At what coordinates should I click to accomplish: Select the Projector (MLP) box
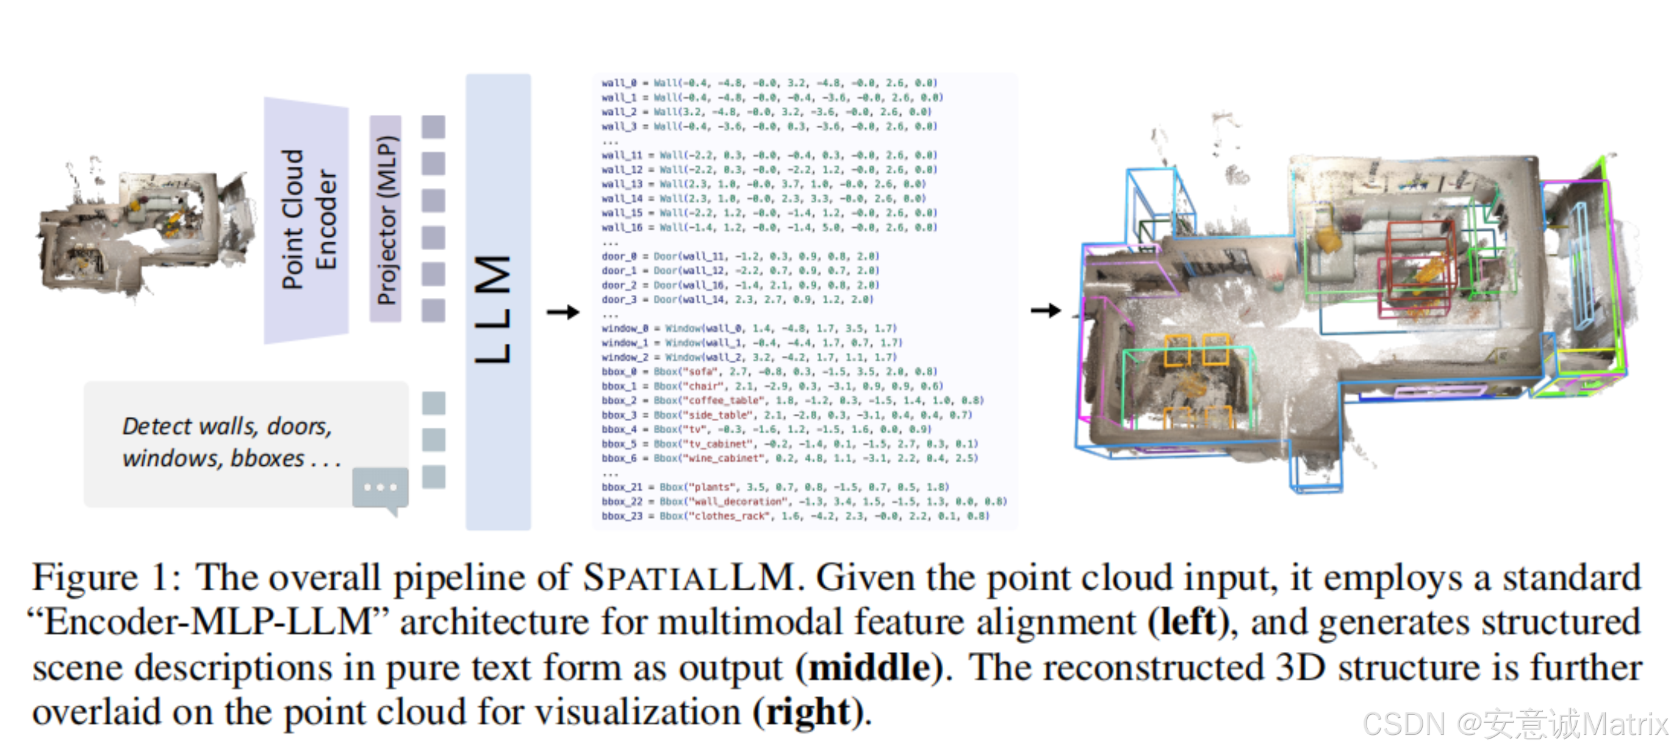point(386,219)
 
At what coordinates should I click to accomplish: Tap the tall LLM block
point(498,302)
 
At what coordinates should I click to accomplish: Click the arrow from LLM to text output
point(562,312)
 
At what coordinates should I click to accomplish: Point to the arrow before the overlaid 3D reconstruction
point(1045,311)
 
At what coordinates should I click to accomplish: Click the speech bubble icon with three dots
point(380,488)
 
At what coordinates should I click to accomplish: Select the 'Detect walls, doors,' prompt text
point(227,426)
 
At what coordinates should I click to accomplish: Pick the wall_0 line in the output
point(769,83)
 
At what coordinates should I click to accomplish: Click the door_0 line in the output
point(739,256)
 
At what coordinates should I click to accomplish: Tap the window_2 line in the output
point(749,358)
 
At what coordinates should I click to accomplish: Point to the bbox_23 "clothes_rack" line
point(795,516)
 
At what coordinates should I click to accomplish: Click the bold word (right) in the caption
point(808,712)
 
